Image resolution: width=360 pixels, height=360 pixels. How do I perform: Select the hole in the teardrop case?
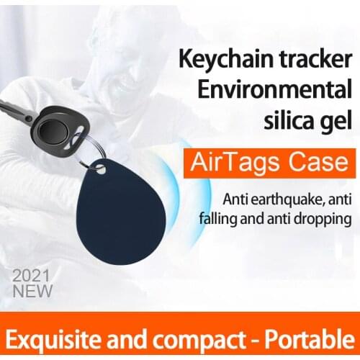click(100, 171)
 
